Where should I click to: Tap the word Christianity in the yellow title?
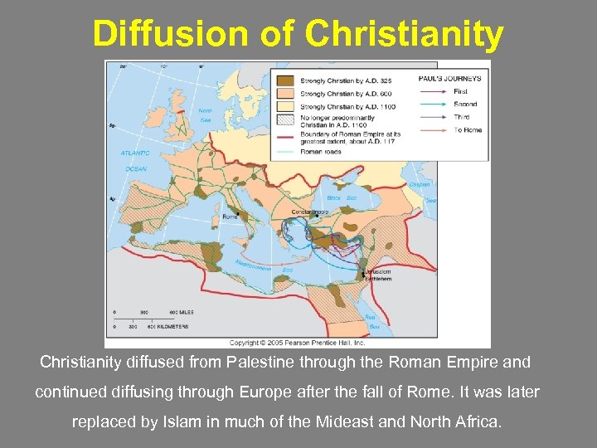click(404, 34)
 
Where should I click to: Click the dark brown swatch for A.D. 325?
click(284, 80)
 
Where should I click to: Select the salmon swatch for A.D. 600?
click(284, 94)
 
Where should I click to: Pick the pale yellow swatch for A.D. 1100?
click(284, 106)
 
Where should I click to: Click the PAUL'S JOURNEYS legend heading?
click(449, 79)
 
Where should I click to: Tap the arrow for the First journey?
click(434, 91)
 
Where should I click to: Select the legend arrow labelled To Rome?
click(434, 130)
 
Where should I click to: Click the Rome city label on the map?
click(229, 217)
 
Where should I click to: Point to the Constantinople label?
click(309, 212)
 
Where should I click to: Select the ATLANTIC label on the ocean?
click(134, 153)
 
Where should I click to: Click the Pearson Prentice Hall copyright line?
click(296, 342)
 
